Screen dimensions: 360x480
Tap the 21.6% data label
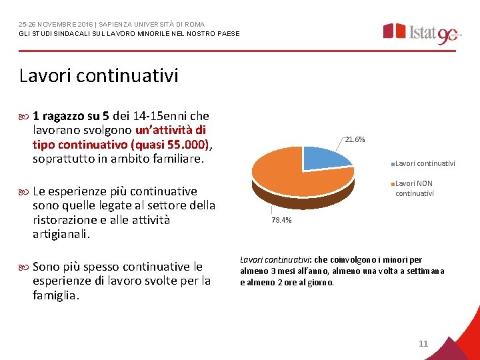pos(355,140)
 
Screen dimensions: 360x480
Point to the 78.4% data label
pos(281,220)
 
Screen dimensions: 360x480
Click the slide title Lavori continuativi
pos(99,75)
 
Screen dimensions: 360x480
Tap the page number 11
pos(423,343)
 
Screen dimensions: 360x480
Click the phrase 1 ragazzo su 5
pos(73,115)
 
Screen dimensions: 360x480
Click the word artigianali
pos(61,235)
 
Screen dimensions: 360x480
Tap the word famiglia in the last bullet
pos(55,295)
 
